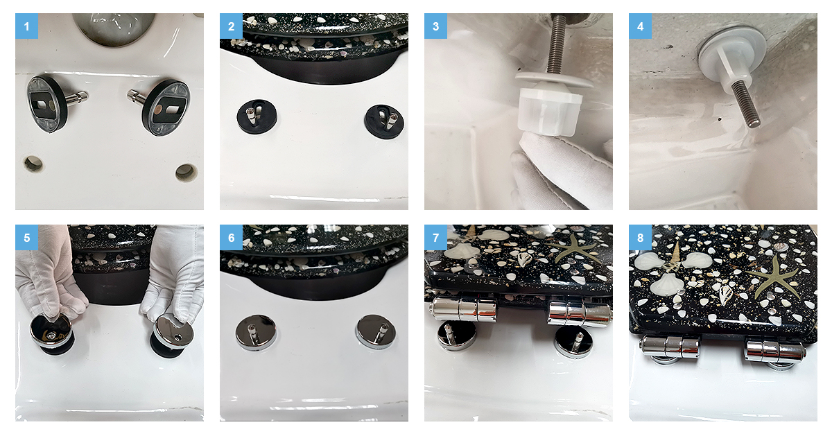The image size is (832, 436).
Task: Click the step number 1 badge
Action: click(27, 26)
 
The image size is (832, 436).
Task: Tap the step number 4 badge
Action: click(641, 26)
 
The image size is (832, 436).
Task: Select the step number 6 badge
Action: click(231, 237)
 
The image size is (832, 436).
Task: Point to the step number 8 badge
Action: click(641, 237)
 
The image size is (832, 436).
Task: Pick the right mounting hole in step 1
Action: click(186, 172)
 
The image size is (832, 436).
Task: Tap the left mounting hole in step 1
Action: click(33, 164)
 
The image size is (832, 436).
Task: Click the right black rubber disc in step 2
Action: click(384, 121)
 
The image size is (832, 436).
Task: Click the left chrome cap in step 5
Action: click(51, 331)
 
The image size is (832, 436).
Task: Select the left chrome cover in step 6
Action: click(256, 332)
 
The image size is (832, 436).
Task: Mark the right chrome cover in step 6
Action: click(376, 331)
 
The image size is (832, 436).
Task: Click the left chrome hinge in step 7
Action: click(463, 308)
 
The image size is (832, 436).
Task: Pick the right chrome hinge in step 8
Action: click(774, 351)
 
